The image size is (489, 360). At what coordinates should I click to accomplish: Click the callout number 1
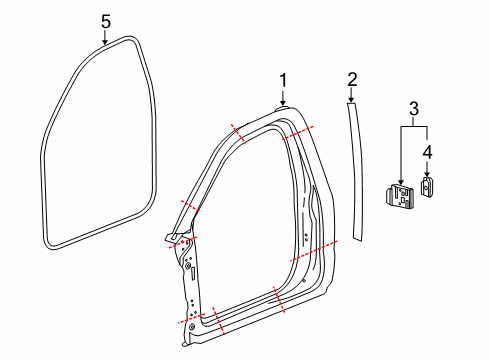pos(283,81)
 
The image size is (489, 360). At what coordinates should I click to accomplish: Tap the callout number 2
pos(352,79)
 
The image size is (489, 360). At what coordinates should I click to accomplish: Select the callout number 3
pos(414,108)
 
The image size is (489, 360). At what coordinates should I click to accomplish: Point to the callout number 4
pos(428,152)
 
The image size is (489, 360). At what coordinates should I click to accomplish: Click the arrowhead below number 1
pos(283,103)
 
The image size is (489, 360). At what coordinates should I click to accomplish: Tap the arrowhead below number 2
pos(352,102)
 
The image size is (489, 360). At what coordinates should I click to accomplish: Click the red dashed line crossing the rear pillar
pos(313,250)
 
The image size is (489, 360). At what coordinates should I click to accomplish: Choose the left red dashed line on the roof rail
pos(238,134)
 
